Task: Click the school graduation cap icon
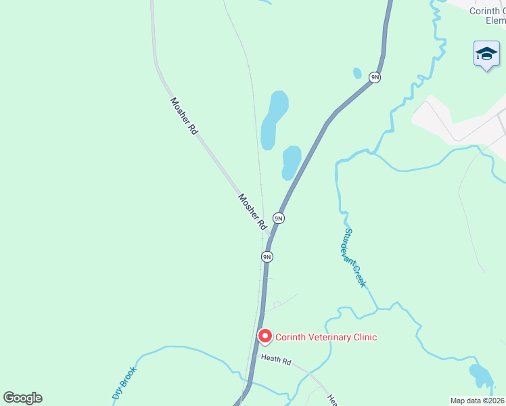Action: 486,54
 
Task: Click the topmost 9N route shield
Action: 375,78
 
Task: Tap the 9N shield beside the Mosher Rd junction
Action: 278,218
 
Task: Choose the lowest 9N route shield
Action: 267,256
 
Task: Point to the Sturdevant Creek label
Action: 353,257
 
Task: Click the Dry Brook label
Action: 124,383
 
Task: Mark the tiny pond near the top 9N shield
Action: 357,73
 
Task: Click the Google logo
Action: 22,398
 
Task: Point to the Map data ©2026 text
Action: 477,401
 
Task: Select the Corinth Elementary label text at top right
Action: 488,16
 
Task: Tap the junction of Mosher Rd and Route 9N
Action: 272,238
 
